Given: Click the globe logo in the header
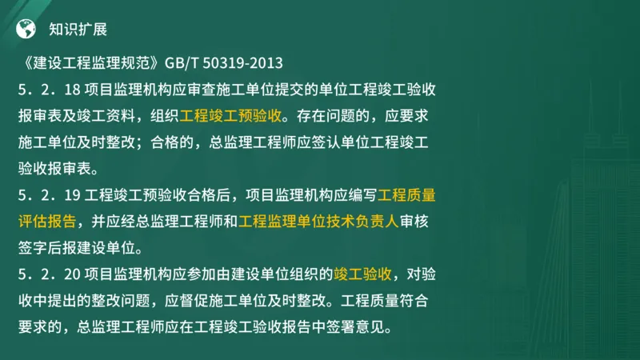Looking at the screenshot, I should [x=26, y=30].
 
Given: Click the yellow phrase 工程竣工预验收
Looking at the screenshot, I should [x=230, y=115].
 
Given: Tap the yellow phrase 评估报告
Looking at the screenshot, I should [x=48, y=222].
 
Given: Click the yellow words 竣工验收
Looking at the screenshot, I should [x=362, y=275].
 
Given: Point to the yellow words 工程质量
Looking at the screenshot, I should [x=407, y=194].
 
